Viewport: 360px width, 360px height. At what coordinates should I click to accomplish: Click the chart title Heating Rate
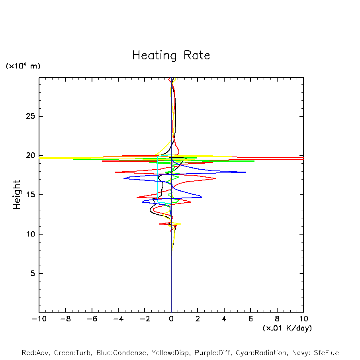click(171, 55)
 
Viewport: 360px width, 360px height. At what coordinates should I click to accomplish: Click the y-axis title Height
click(17, 195)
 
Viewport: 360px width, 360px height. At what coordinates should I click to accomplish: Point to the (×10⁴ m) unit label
click(23, 66)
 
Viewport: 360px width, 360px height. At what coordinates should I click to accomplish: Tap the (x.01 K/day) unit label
click(287, 328)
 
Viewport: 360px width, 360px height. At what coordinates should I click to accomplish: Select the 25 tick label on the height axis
click(29, 116)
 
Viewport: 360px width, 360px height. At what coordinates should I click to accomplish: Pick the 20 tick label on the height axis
click(29, 156)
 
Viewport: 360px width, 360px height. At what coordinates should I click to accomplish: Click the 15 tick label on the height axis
click(29, 195)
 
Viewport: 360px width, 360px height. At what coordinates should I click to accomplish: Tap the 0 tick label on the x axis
click(171, 319)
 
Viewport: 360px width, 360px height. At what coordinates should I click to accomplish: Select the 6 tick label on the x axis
click(250, 319)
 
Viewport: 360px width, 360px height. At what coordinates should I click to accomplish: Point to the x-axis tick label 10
click(303, 319)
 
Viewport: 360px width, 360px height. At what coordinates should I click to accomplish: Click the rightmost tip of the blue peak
click(246, 172)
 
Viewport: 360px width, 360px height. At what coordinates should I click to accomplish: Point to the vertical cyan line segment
click(158, 179)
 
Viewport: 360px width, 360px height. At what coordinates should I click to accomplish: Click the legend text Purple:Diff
click(213, 353)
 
